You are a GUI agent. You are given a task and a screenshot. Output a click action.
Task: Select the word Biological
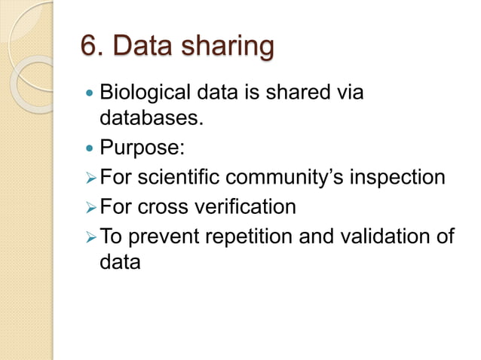click(146, 95)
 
